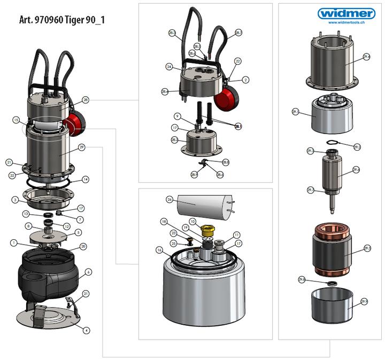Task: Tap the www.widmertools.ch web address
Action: click(346, 22)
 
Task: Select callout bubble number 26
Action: click(169, 199)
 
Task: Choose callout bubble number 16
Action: click(159, 250)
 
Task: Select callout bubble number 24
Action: click(169, 67)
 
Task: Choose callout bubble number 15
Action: click(16, 120)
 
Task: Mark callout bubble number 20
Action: click(83, 246)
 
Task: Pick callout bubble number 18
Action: click(164, 221)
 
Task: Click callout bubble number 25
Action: click(173, 243)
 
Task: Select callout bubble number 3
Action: click(16, 200)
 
